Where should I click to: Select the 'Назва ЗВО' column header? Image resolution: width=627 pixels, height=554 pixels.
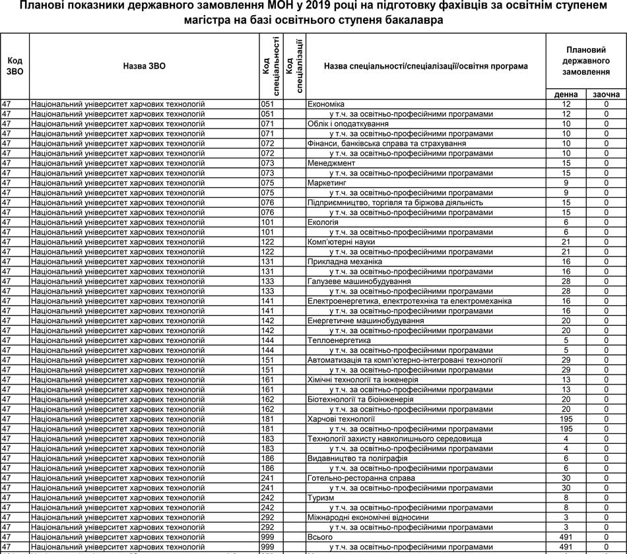(144, 67)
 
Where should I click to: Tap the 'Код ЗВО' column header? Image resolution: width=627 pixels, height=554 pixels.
(15, 67)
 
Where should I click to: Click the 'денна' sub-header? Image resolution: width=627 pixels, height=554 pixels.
(566, 95)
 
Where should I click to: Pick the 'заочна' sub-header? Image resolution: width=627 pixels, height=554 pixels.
(606, 95)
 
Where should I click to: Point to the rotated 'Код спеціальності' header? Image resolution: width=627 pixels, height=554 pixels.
(271, 66)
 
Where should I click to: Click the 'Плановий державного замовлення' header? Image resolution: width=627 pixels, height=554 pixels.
(586, 61)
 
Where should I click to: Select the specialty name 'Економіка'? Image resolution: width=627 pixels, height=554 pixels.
(326, 104)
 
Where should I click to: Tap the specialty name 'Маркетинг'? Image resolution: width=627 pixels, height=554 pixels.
(327, 183)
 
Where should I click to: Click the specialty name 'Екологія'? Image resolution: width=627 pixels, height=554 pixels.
(323, 222)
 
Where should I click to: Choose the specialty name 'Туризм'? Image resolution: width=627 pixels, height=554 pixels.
(320, 498)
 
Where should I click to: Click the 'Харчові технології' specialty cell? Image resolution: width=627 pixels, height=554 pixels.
(341, 419)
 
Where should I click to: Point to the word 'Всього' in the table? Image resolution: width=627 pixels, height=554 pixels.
(320, 538)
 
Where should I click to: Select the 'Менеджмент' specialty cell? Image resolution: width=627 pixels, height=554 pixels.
(331, 163)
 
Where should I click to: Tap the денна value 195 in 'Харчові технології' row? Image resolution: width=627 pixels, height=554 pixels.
(566, 419)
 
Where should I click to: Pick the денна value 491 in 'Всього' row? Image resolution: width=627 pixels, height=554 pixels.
(566, 538)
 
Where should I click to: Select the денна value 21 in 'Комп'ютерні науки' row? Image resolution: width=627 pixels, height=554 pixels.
(566, 242)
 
